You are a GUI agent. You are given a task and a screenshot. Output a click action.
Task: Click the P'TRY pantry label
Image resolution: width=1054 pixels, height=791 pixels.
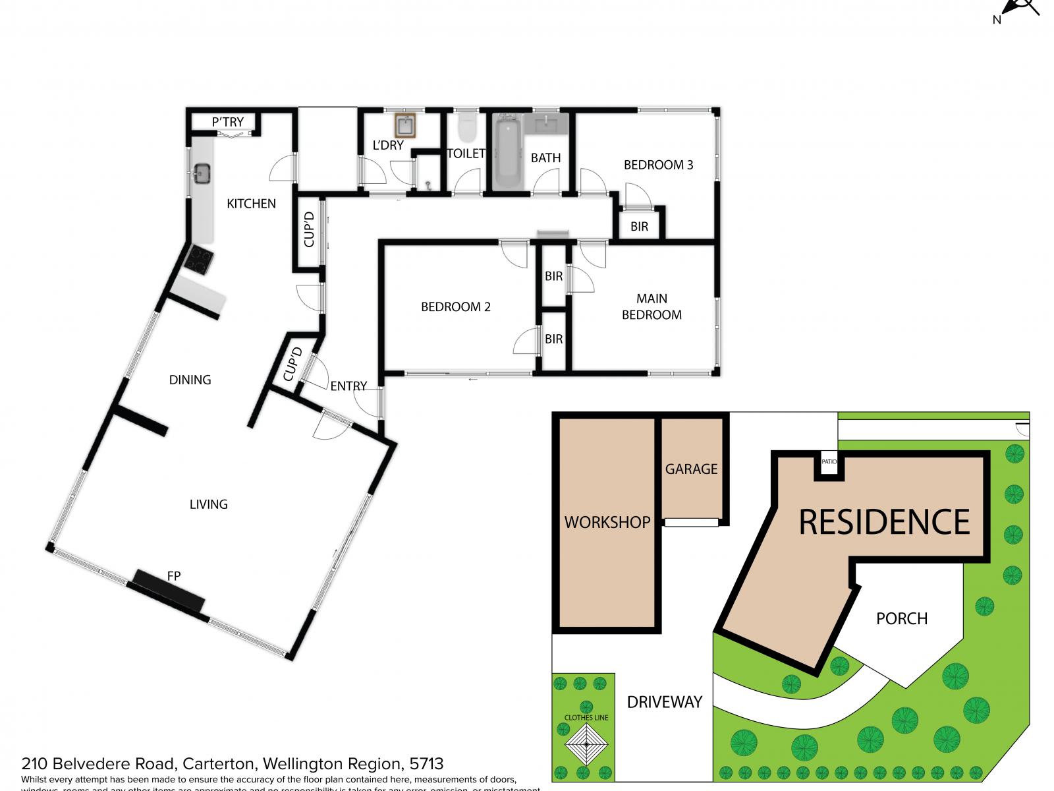pyautogui.click(x=228, y=122)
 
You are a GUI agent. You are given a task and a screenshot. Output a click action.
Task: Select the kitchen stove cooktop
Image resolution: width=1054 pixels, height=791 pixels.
pyautogui.click(x=198, y=259)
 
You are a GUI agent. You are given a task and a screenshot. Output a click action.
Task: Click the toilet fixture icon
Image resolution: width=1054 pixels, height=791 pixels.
pyautogui.click(x=467, y=127)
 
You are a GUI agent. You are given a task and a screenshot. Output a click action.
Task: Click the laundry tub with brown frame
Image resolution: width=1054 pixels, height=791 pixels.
pyautogui.click(x=404, y=125)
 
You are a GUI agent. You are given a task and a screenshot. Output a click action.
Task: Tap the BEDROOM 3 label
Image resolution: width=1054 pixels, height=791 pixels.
pyautogui.click(x=658, y=165)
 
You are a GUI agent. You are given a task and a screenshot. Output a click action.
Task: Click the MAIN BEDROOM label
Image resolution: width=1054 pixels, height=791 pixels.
pyautogui.click(x=652, y=307)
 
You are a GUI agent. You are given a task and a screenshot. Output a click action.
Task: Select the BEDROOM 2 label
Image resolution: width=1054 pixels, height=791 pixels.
pyautogui.click(x=456, y=307)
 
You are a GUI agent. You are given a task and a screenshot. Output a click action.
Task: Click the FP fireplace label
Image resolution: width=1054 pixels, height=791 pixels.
pyautogui.click(x=174, y=576)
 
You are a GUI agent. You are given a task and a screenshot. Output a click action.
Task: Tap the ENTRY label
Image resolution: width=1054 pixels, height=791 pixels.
pyautogui.click(x=348, y=386)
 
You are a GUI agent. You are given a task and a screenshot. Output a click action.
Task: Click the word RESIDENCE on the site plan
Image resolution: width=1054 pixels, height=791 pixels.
pyautogui.click(x=884, y=522)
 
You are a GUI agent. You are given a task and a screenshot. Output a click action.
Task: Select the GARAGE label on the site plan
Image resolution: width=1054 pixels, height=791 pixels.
pyautogui.click(x=691, y=469)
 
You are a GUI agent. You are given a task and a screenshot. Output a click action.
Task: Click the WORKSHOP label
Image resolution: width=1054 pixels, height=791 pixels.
pyautogui.click(x=607, y=522)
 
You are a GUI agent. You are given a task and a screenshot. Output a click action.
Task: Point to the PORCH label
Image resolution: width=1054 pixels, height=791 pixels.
pyautogui.click(x=902, y=618)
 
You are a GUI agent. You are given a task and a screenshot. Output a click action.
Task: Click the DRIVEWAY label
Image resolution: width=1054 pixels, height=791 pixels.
pyautogui.click(x=665, y=702)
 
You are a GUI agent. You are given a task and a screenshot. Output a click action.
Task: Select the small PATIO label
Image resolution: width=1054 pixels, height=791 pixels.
pyautogui.click(x=829, y=461)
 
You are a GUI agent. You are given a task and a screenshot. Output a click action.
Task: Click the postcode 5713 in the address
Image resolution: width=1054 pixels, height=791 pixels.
pyautogui.click(x=426, y=764)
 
